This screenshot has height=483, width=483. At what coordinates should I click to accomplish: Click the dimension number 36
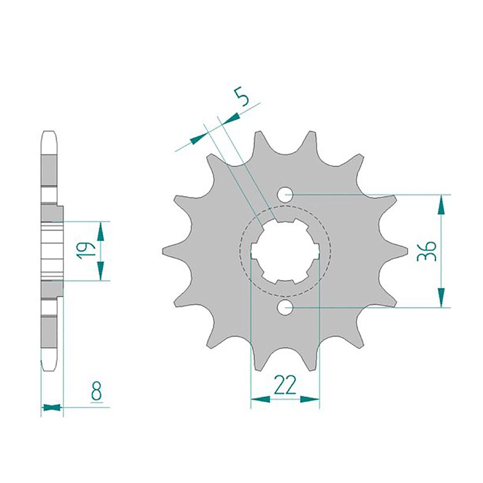click(426, 251)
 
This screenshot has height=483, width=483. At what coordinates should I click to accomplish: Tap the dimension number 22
click(285, 385)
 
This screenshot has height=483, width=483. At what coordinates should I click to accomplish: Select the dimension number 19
click(85, 250)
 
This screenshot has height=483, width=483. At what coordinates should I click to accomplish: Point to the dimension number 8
click(96, 391)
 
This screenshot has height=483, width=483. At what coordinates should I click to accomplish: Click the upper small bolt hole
click(284, 195)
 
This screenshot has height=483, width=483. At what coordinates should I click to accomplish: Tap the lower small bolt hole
click(284, 307)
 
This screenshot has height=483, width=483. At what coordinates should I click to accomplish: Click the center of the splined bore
click(285, 251)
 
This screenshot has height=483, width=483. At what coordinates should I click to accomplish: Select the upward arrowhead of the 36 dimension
click(441, 204)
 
